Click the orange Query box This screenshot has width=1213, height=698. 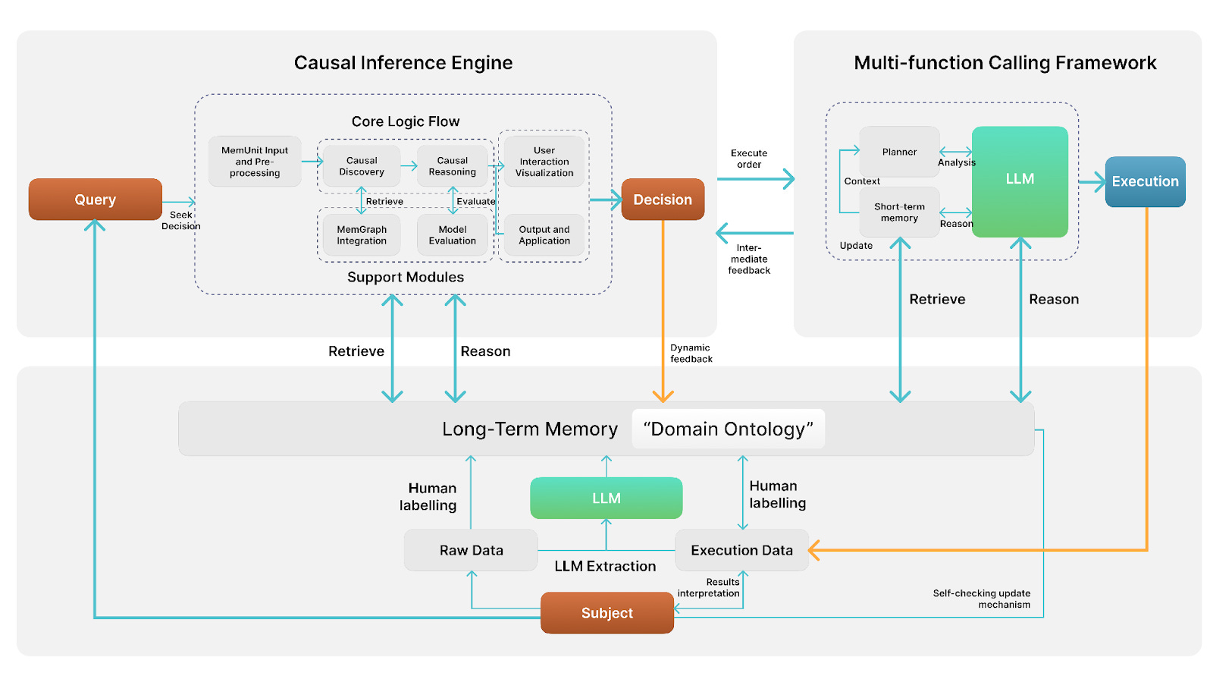click(96, 200)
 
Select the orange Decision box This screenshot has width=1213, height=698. click(663, 200)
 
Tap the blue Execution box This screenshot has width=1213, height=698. click(1146, 181)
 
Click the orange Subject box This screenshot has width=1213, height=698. click(607, 613)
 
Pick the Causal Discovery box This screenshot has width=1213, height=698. click(362, 166)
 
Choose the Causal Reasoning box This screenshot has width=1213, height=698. click(452, 166)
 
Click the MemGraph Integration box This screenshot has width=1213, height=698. click(362, 234)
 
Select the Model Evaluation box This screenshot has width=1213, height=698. click(452, 234)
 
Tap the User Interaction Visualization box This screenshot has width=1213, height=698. click(544, 162)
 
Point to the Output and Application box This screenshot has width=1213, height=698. click(544, 234)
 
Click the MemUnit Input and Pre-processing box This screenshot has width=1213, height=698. click(255, 162)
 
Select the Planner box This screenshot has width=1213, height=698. click(899, 152)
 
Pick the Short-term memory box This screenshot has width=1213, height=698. click(899, 212)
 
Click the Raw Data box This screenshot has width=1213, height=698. click(471, 550)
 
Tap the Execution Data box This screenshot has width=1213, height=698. click(742, 550)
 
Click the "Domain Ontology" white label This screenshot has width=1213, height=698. click(729, 429)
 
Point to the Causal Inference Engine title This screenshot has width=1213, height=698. click(403, 63)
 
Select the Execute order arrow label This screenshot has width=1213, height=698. click(749, 159)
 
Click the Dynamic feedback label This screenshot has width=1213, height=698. click(691, 354)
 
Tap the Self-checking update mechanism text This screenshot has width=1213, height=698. click(981, 599)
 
